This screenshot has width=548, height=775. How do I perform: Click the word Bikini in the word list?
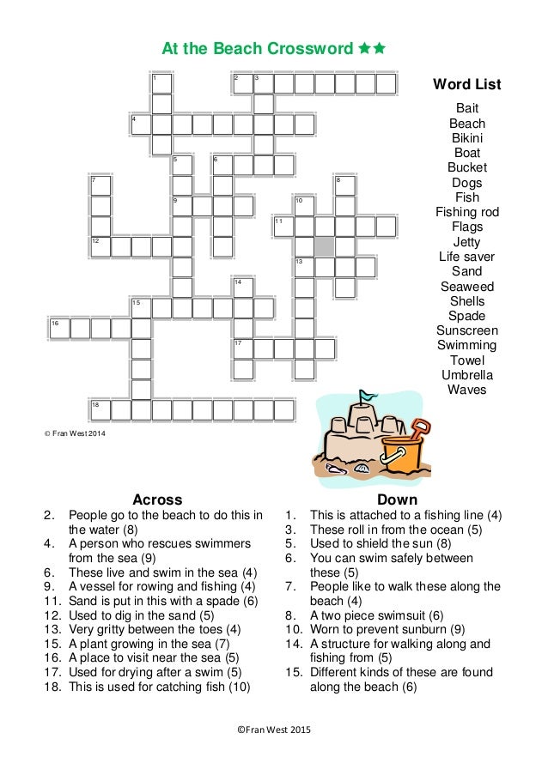pos(466,138)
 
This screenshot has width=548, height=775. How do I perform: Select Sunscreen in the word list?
pos(466,330)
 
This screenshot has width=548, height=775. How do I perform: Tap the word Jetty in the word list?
pos(466,242)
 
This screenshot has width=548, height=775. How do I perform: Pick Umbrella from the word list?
pos(466,375)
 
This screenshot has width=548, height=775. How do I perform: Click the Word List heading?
pos(466,84)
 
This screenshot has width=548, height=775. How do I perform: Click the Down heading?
pos(397,500)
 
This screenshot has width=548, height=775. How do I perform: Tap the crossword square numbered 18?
pos(100,409)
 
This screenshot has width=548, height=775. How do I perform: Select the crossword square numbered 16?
pos(59,328)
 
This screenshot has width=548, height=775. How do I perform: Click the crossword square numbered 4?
pos(141,124)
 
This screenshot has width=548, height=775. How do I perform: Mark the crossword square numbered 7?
pos(100,185)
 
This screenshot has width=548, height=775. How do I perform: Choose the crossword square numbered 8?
pos(344,185)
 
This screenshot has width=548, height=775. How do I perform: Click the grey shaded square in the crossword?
pos(324,246)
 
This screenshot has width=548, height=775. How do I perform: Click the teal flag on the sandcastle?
pos(368,397)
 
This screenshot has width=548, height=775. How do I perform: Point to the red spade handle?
pos(420,426)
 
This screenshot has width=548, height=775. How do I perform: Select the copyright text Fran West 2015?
pos(274,730)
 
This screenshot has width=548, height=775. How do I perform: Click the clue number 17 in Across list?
pos(53,672)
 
